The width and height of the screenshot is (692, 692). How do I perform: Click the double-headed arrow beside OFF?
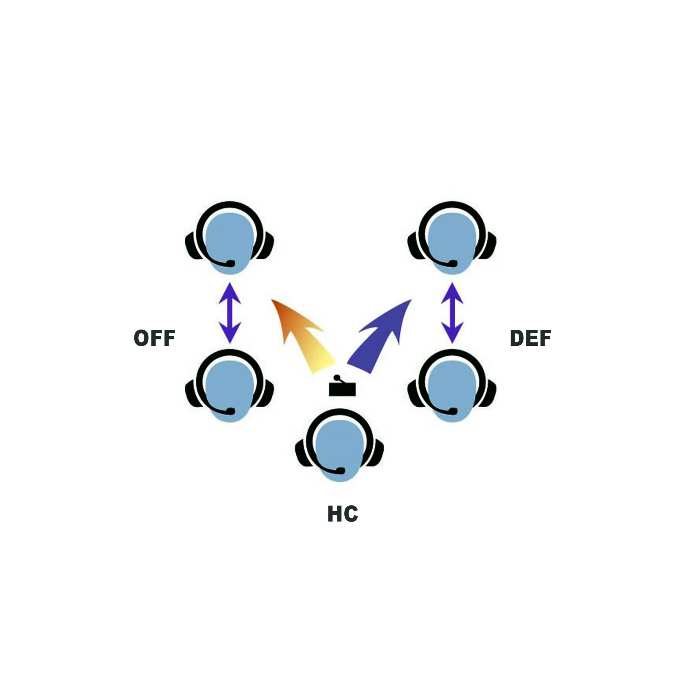229,313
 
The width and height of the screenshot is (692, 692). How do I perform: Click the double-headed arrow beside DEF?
452,313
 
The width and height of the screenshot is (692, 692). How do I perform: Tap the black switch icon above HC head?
342,388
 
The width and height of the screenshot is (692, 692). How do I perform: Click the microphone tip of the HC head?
341,470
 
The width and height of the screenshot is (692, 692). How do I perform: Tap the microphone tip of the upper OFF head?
231,263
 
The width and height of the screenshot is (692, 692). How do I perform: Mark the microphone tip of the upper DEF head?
453,263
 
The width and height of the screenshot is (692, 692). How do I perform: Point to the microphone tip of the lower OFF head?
231,411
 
